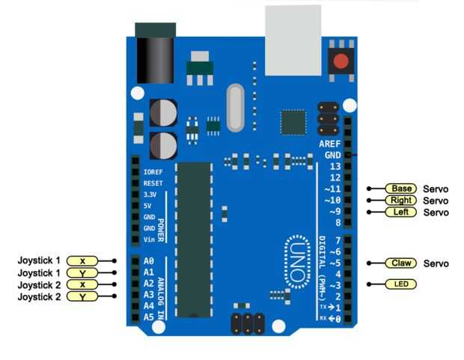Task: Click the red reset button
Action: pyautogui.click(x=341, y=61)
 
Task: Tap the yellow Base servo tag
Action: pyautogui.click(x=401, y=189)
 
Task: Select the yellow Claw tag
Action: pyautogui.click(x=401, y=263)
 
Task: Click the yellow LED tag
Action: pyautogui.click(x=401, y=284)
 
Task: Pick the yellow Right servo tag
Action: pyautogui.click(x=401, y=200)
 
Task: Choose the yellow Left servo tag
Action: pyautogui.click(x=401, y=212)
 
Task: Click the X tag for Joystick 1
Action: pyautogui.click(x=82, y=260)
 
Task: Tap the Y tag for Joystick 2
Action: pyautogui.click(x=82, y=296)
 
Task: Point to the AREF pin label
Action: pyautogui.click(x=329, y=144)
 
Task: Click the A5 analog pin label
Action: pyautogui.click(x=149, y=317)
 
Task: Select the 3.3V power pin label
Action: pyautogui.click(x=150, y=195)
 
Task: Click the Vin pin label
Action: pyautogui.click(x=150, y=240)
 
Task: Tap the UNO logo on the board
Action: pyautogui.click(x=297, y=262)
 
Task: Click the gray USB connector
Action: pyautogui.click(x=293, y=40)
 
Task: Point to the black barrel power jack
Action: pyautogui.click(x=156, y=53)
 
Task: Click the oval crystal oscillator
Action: pyautogui.click(x=235, y=108)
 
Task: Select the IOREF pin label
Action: pyautogui.click(x=153, y=172)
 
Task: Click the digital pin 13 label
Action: pyautogui.click(x=335, y=166)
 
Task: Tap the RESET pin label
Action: pyautogui.click(x=153, y=183)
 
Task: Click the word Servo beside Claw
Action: pyautogui.click(x=436, y=263)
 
